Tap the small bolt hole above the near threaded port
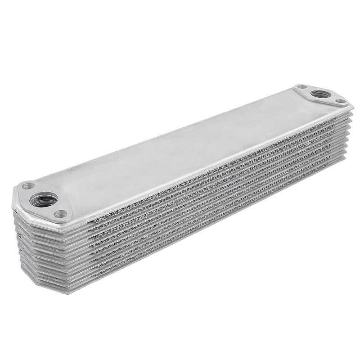(28, 185)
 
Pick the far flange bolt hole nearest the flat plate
(302, 87)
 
